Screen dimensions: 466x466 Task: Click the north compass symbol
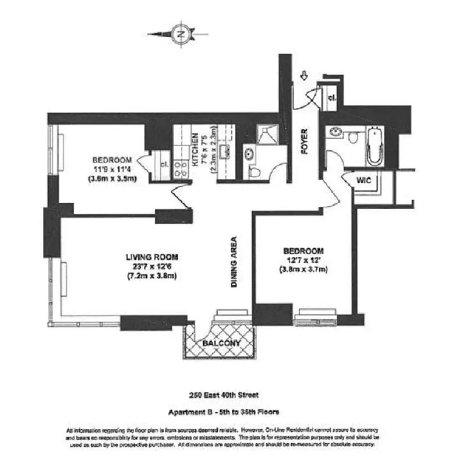click(181, 34)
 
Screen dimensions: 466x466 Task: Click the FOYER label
click(304, 142)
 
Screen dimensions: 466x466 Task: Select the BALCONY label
click(221, 343)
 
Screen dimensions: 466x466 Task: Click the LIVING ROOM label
click(151, 257)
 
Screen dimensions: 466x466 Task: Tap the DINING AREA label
click(233, 262)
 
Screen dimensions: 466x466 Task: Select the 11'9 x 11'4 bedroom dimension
click(112, 170)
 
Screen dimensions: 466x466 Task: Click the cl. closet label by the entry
click(331, 97)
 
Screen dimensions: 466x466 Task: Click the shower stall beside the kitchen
click(267, 135)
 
